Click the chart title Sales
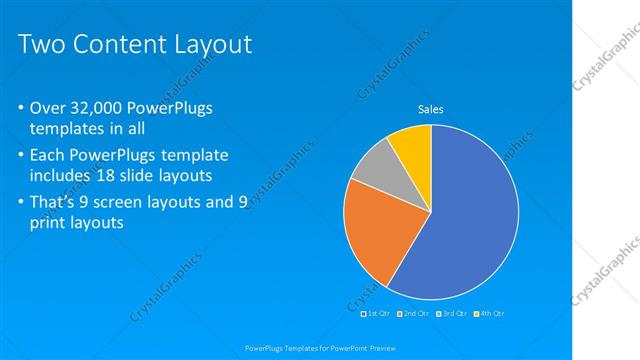[430, 109]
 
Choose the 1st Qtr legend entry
[377, 314]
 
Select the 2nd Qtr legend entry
[414, 314]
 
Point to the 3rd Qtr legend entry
[451, 314]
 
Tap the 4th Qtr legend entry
[489, 314]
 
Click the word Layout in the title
[211, 45]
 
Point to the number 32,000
[107, 107]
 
